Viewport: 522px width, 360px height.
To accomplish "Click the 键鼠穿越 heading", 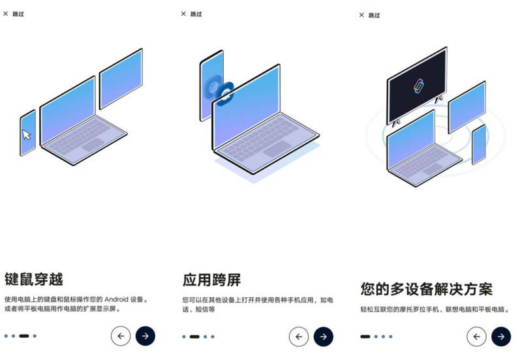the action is click(34, 279).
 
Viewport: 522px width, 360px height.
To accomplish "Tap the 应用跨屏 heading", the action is click(211, 280).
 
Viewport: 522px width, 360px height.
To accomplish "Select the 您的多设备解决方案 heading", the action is click(427, 289).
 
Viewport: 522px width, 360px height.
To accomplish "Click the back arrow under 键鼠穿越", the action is click(121, 336).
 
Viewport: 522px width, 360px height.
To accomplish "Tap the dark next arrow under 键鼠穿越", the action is click(145, 336).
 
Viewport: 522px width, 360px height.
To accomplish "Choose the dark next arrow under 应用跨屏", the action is click(323, 337).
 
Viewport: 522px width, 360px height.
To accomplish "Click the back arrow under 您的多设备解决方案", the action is click(477, 337).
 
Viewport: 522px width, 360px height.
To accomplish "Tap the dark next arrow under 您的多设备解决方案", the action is click(501, 337).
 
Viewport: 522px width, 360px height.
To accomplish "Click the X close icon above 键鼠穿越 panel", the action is click(6, 14).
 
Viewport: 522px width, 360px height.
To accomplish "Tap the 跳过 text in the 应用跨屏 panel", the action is click(196, 14).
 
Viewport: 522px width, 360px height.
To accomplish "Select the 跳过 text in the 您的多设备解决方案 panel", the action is click(374, 15).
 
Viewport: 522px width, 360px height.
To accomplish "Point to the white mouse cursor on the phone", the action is click(27, 135).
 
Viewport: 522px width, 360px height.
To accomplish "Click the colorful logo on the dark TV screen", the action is click(418, 86).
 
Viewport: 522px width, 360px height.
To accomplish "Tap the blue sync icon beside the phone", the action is click(224, 94).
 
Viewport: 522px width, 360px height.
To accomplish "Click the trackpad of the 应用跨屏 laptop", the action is click(277, 149).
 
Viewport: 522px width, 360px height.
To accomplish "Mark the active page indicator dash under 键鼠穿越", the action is click(24, 336).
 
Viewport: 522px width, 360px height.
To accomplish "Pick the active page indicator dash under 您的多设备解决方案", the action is click(365, 337).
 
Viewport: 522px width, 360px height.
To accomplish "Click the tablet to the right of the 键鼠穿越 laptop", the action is click(121, 78).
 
